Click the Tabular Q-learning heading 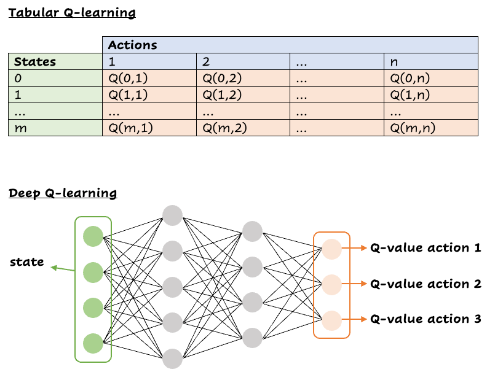pos(71,12)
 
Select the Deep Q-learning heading pos(63,193)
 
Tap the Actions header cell pos(290,45)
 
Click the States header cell pos(55,61)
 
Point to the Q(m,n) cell pos(432,128)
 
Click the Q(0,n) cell pos(432,78)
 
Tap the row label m pos(55,128)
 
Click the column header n pos(432,61)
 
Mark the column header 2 pos(244,61)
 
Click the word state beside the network pos(26,262)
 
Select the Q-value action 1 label pos(425,248)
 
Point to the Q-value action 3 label pos(425,319)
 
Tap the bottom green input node pos(93,342)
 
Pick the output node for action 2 pos(331,284)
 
